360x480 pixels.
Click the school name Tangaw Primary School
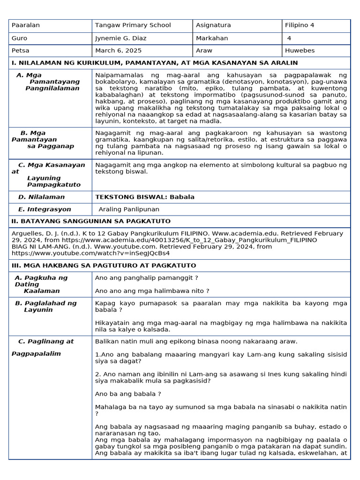(133, 25)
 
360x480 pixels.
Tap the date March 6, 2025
(118, 51)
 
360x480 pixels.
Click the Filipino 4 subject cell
(301, 25)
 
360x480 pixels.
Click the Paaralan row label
(26, 25)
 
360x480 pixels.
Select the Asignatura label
(213, 25)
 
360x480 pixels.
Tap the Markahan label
(212, 38)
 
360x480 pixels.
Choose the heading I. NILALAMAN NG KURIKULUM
(154, 63)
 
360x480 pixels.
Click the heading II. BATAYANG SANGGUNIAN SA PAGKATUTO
(91, 221)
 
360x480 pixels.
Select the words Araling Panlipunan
(129, 210)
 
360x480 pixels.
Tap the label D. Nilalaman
(41, 197)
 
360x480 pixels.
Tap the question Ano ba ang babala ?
(128, 394)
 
